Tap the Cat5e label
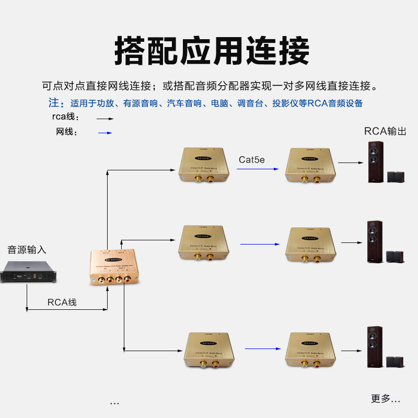click(252, 159)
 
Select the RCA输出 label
click(385, 131)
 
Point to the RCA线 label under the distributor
click(62, 302)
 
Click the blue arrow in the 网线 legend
click(105, 133)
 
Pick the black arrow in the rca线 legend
click(105, 119)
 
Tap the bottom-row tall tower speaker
click(374, 346)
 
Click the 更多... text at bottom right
click(385, 399)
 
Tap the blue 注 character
click(53, 102)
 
